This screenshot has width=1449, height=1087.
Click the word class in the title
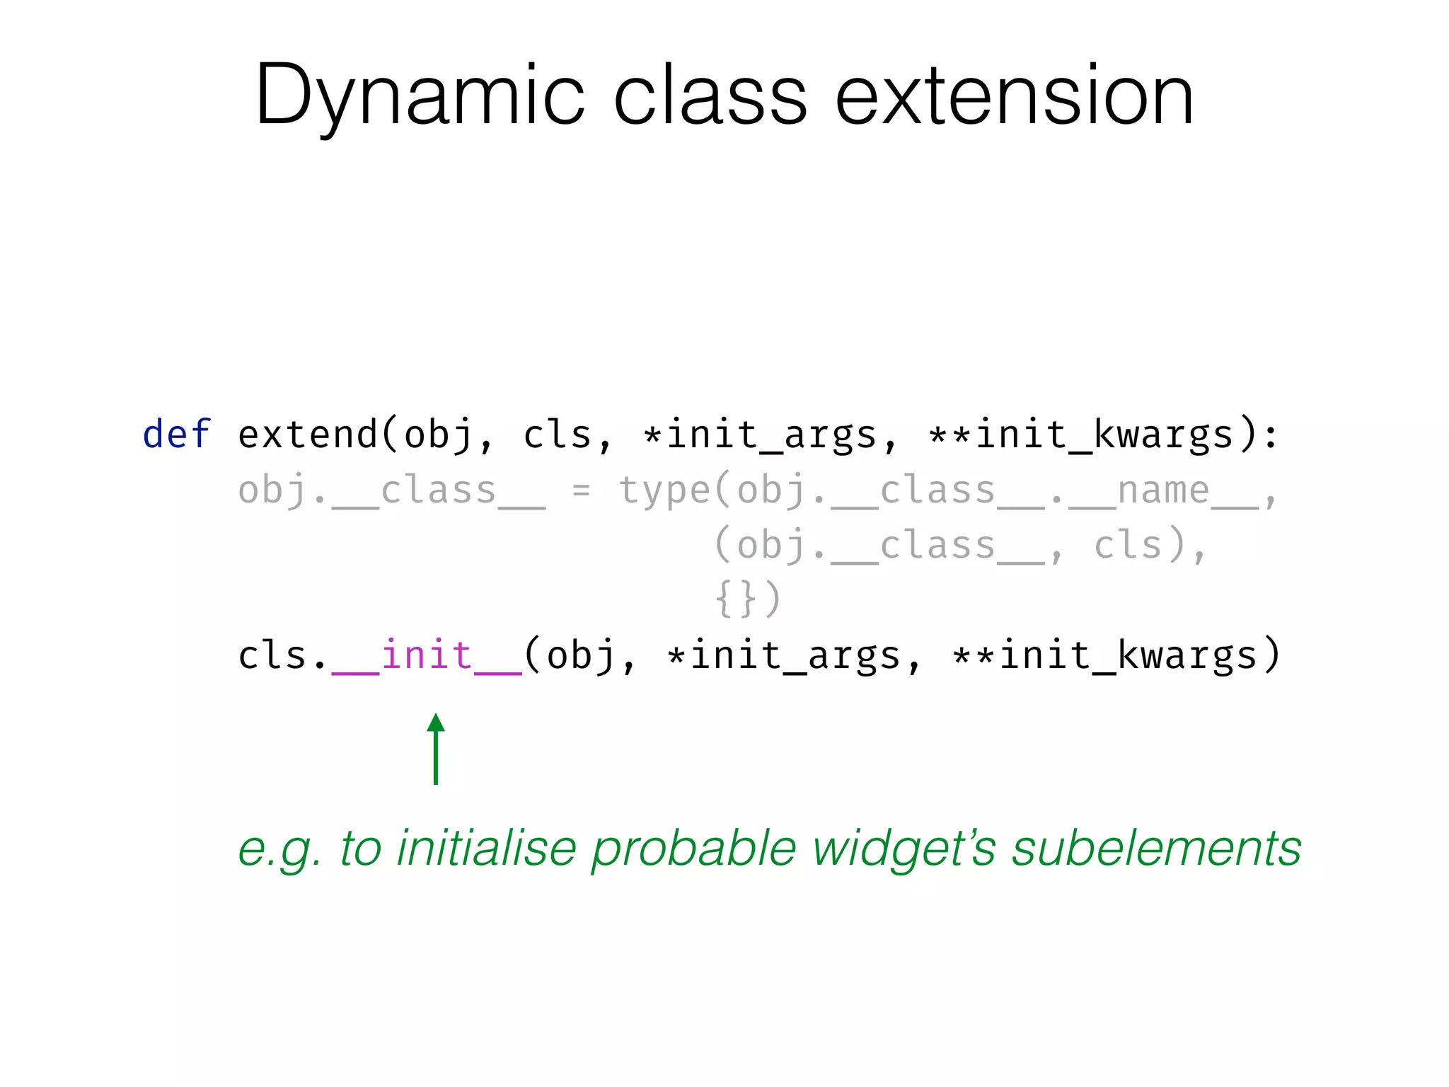[x=709, y=96]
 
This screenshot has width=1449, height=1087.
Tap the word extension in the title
[x=1014, y=96]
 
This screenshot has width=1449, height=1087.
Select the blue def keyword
[x=176, y=434]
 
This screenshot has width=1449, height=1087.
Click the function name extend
[x=308, y=434]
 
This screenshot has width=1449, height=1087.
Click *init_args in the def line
[x=760, y=434]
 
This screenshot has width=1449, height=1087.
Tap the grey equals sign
[x=581, y=490]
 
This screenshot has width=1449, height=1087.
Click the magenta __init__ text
[x=427, y=655]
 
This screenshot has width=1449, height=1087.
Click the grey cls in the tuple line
[x=1128, y=545]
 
